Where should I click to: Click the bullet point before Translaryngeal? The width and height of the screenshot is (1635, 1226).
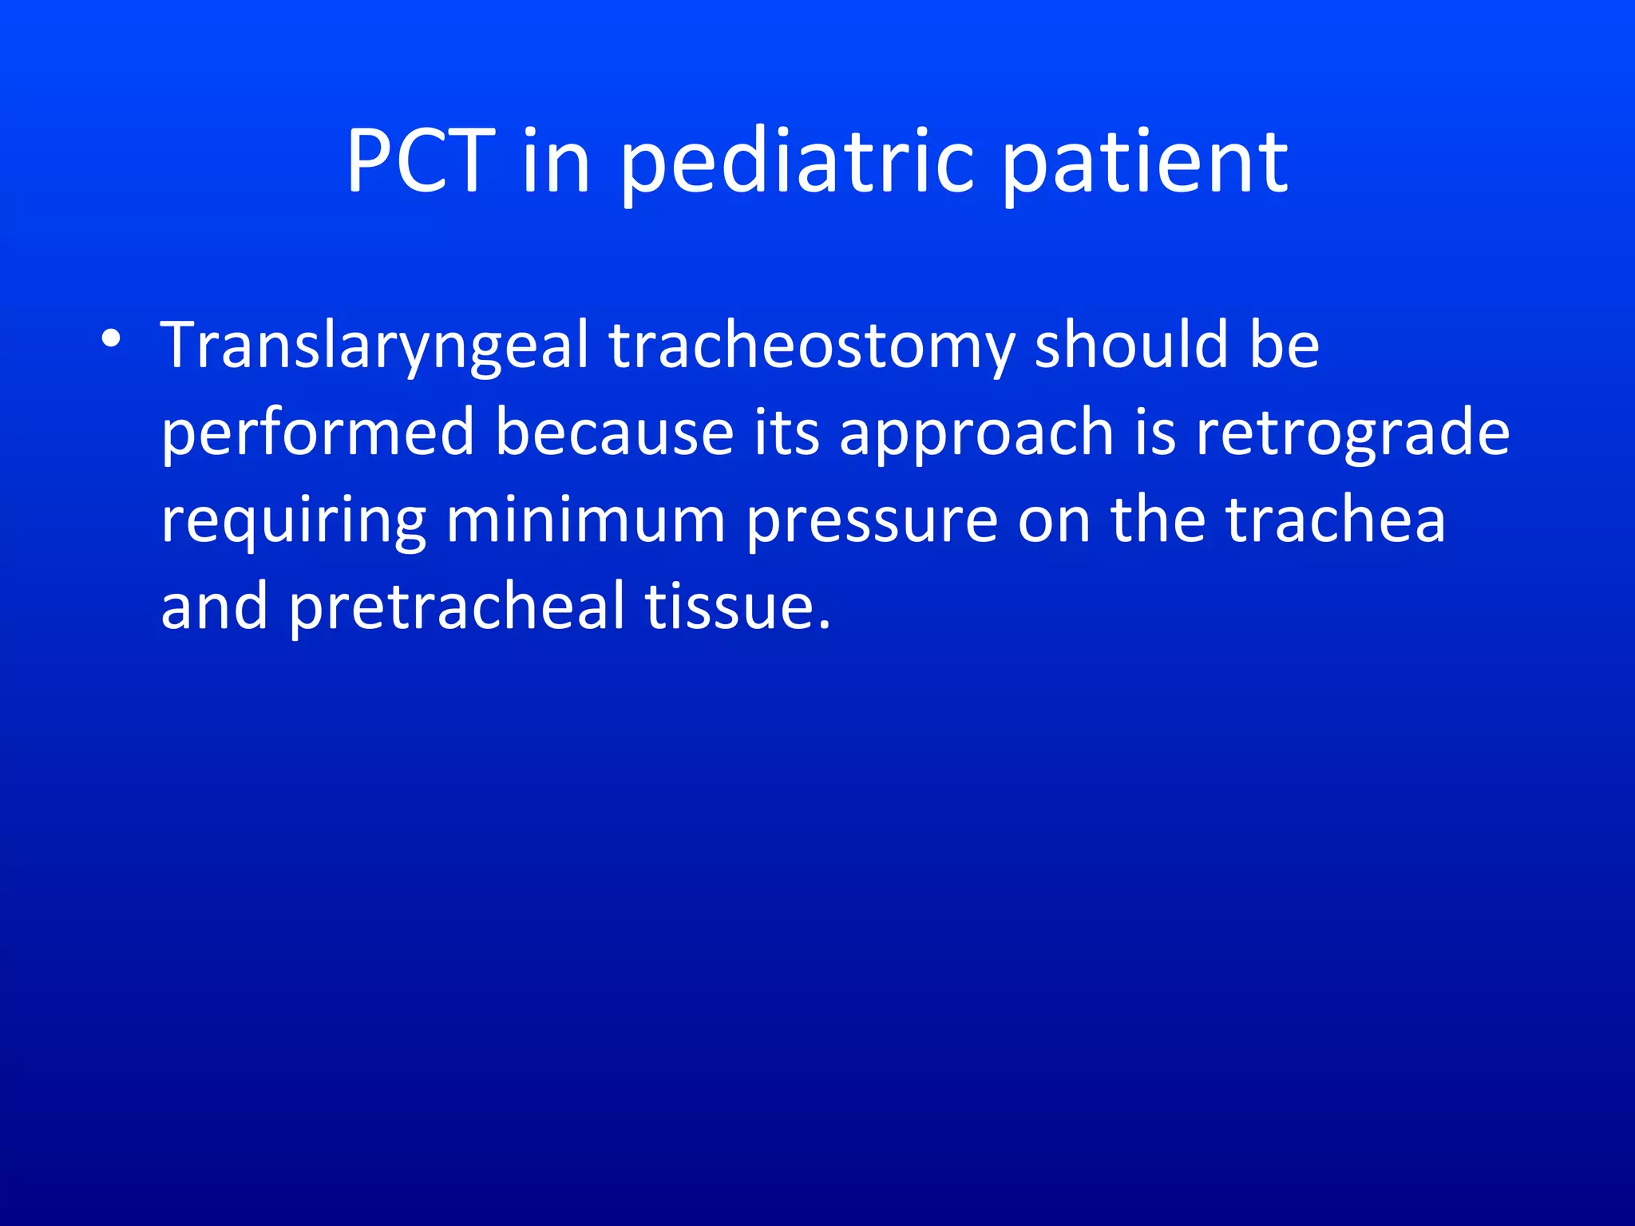point(111,338)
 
